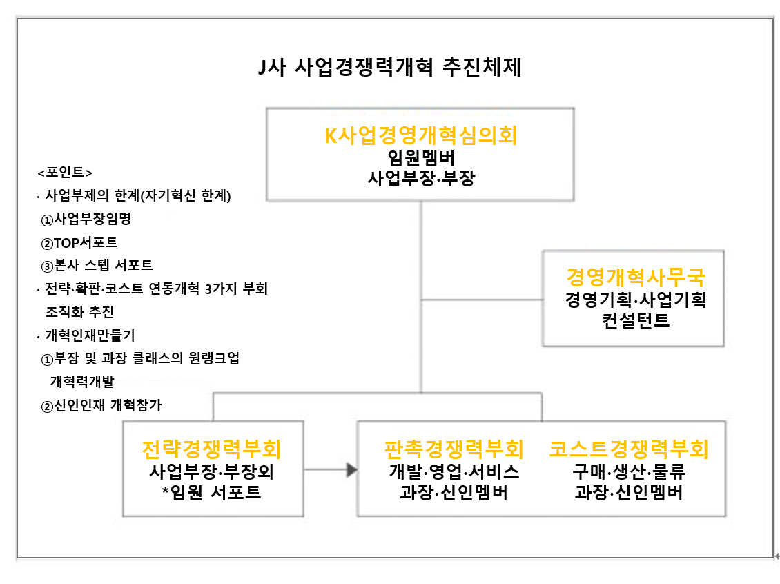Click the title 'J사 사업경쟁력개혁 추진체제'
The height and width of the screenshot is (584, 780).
pyautogui.click(x=389, y=67)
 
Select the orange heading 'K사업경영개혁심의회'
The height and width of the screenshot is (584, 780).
pyautogui.click(x=421, y=135)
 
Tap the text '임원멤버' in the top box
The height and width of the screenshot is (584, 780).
pyautogui.click(x=421, y=157)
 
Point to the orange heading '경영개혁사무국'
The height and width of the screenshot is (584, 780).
pyautogui.click(x=635, y=277)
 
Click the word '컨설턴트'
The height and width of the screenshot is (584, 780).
pyautogui.click(x=635, y=320)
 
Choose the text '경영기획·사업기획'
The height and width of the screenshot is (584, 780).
pyautogui.click(x=635, y=300)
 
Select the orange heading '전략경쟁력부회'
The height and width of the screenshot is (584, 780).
pyautogui.click(x=211, y=449)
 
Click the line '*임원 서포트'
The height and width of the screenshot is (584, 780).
pyautogui.click(x=211, y=492)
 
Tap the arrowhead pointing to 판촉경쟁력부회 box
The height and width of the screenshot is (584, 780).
pyautogui.click(x=352, y=469)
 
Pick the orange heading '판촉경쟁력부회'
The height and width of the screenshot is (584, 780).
pyautogui.click(x=454, y=449)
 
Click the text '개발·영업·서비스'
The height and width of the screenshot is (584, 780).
pyautogui.click(x=454, y=471)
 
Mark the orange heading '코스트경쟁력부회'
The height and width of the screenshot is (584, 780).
pyautogui.click(x=628, y=449)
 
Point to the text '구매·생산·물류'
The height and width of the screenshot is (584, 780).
pyautogui.click(x=628, y=471)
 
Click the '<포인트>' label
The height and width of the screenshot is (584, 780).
pyautogui.click(x=65, y=172)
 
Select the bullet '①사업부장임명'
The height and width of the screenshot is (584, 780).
pyautogui.click(x=86, y=219)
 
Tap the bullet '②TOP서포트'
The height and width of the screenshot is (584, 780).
pyautogui.click(x=79, y=243)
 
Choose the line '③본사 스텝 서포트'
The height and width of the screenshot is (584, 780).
pyautogui.click(x=97, y=266)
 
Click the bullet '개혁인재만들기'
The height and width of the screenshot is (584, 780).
pyautogui.click(x=90, y=335)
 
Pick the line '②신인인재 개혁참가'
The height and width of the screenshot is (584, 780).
pyautogui.click(x=101, y=406)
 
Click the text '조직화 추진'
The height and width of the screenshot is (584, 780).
pyautogui.click(x=79, y=312)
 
